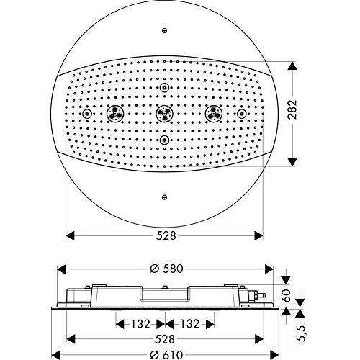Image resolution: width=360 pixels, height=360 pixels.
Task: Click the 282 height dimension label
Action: point(292,109)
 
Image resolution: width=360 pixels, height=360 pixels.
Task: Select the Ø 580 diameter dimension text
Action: point(166,269)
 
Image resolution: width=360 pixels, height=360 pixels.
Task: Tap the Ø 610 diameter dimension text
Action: point(166,355)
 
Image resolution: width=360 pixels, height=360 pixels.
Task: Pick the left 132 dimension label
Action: point(140,324)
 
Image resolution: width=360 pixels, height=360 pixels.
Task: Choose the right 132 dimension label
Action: point(189,324)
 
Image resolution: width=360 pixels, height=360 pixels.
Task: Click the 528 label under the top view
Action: point(166,235)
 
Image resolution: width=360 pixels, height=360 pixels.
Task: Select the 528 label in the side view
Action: point(165,339)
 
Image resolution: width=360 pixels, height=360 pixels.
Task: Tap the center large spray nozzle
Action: point(164,113)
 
